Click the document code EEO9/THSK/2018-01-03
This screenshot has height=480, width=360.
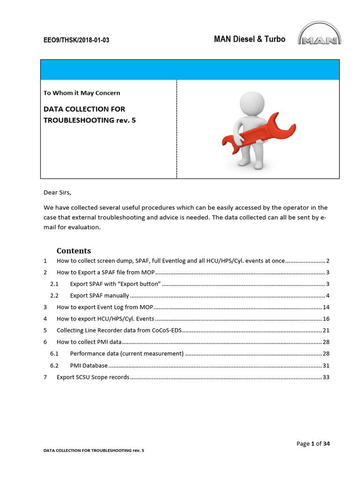pyautogui.click(x=76, y=40)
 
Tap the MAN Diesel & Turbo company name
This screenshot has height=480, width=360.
pyautogui.click(x=249, y=39)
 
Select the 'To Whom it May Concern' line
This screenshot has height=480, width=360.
pyautogui.click(x=82, y=93)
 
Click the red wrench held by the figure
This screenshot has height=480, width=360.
pyautogui.click(x=258, y=134)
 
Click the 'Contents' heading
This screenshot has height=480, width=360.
pyautogui.click(x=74, y=250)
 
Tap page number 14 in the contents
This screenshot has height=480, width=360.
pyautogui.click(x=326, y=307)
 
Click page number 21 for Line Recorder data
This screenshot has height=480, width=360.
pyautogui.click(x=326, y=330)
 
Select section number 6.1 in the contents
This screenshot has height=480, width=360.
pyautogui.click(x=54, y=353)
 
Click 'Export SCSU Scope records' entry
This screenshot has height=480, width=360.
pyautogui.click(x=93, y=377)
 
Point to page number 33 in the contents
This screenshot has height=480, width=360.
pyautogui.click(x=326, y=377)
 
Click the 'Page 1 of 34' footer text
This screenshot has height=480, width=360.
pyautogui.click(x=313, y=443)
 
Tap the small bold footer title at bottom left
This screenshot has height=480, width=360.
pyautogui.click(x=94, y=450)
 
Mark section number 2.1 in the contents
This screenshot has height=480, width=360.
pyautogui.click(x=54, y=284)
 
